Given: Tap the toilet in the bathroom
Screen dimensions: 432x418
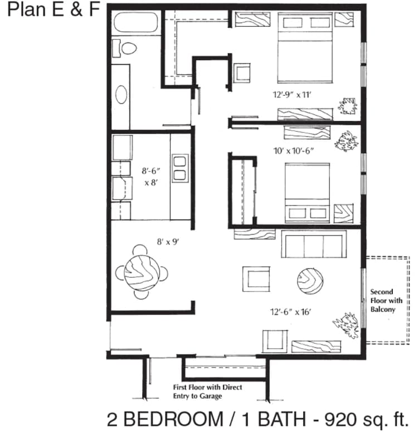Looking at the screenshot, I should (126, 48).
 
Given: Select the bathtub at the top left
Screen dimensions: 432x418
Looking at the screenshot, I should (134, 24).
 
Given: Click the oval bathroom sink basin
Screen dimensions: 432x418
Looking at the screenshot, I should (121, 95).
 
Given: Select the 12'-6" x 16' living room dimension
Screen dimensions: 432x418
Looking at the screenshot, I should (286, 312).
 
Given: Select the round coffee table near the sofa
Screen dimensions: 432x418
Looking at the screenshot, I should (310, 281).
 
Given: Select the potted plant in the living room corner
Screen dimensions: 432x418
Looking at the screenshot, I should (346, 326).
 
